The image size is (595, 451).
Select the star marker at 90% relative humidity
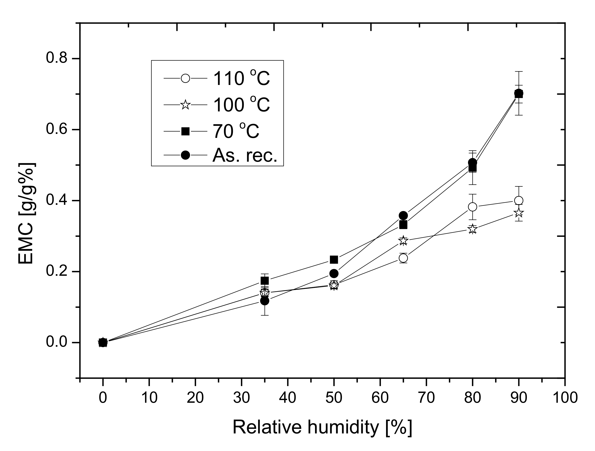point(518,213)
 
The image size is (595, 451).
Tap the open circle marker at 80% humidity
point(472,207)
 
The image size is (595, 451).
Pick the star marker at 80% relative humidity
point(472,229)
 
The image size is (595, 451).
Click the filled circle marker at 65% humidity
point(403,215)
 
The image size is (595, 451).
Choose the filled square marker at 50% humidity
point(334,260)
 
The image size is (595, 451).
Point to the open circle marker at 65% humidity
point(403,258)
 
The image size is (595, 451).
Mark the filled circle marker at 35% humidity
point(265,301)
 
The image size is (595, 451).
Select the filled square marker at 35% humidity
point(265,281)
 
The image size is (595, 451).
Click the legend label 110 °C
point(241,79)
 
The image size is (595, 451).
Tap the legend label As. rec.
point(244,155)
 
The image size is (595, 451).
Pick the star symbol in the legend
point(185,105)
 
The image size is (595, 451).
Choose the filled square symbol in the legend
point(185,131)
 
